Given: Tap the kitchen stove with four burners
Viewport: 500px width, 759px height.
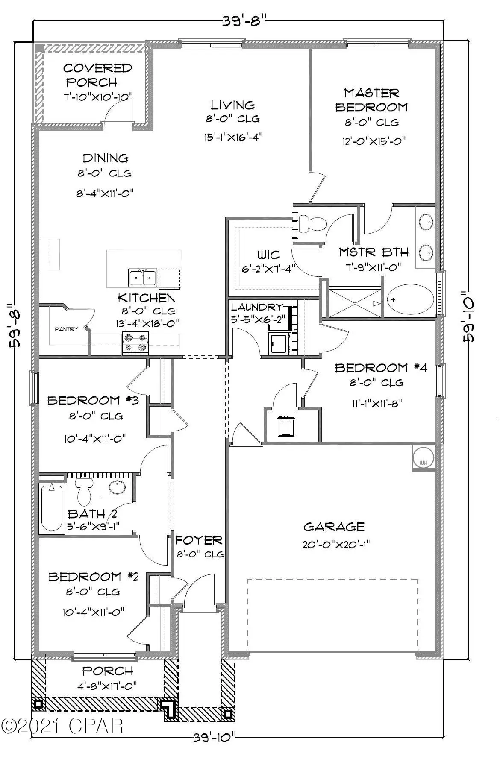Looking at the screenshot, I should (x=135, y=343).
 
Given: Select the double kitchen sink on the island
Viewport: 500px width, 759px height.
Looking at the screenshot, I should (x=142, y=278).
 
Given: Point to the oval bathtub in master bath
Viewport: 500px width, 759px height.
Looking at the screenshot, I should (x=410, y=299).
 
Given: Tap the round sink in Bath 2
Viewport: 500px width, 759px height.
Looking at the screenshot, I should (x=117, y=487).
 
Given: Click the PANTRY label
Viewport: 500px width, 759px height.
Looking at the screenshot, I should (x=66, y=329).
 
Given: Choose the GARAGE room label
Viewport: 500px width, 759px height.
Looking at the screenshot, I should (x=334, y=527).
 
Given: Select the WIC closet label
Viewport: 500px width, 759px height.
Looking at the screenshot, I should (x=268, y=255).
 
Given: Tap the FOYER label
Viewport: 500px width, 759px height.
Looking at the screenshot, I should (x=199, y=541).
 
